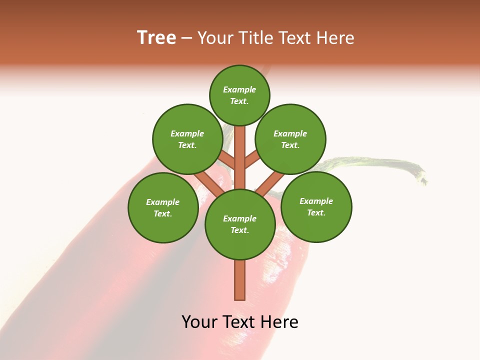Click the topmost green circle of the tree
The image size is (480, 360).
(239, 95)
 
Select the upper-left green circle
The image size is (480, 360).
(187, 139)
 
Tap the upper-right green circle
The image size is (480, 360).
(290, 139)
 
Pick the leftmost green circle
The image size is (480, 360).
(163, 207)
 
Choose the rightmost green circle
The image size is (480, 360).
(316, 206)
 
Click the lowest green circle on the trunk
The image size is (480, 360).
(240, 224)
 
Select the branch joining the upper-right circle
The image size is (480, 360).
(252, 160)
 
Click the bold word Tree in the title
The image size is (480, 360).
(156, 37)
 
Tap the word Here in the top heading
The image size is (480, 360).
(336, 38)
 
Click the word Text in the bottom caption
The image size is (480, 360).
(239, 322)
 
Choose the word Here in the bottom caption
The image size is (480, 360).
(279, 322)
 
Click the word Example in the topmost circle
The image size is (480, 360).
(239, 90)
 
